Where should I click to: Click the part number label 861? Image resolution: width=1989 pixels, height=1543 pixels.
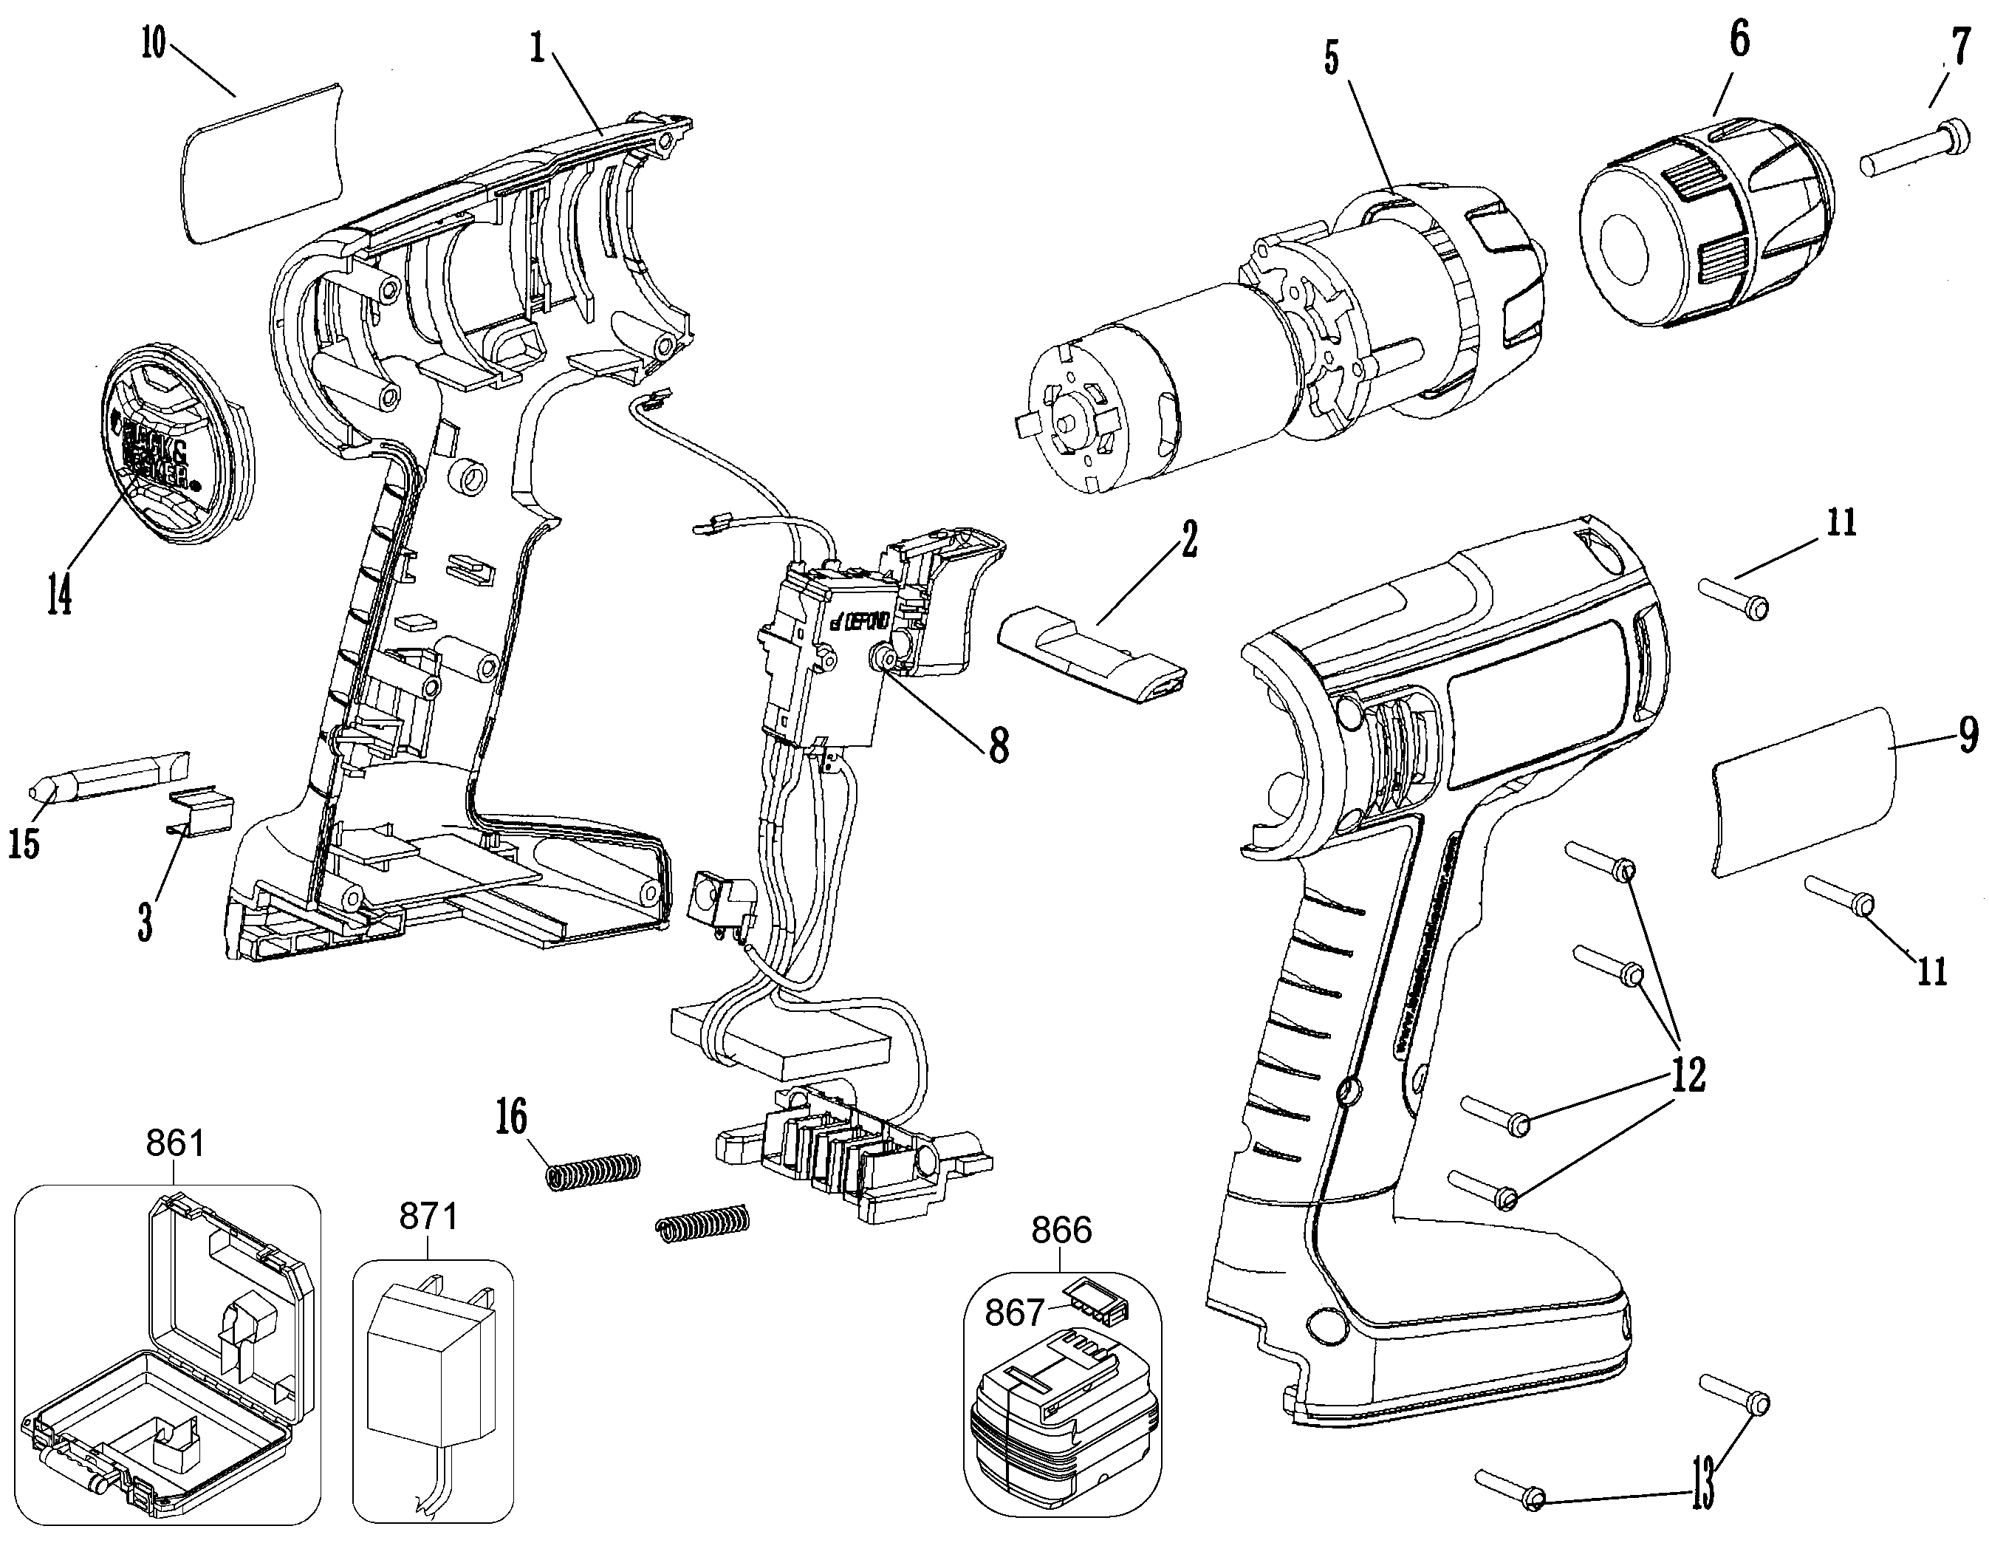point(175,1141)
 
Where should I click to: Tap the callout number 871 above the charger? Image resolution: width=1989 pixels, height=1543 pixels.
point(428,1216)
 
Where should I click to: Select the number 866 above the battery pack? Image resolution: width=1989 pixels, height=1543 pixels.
point(1061,1231)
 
